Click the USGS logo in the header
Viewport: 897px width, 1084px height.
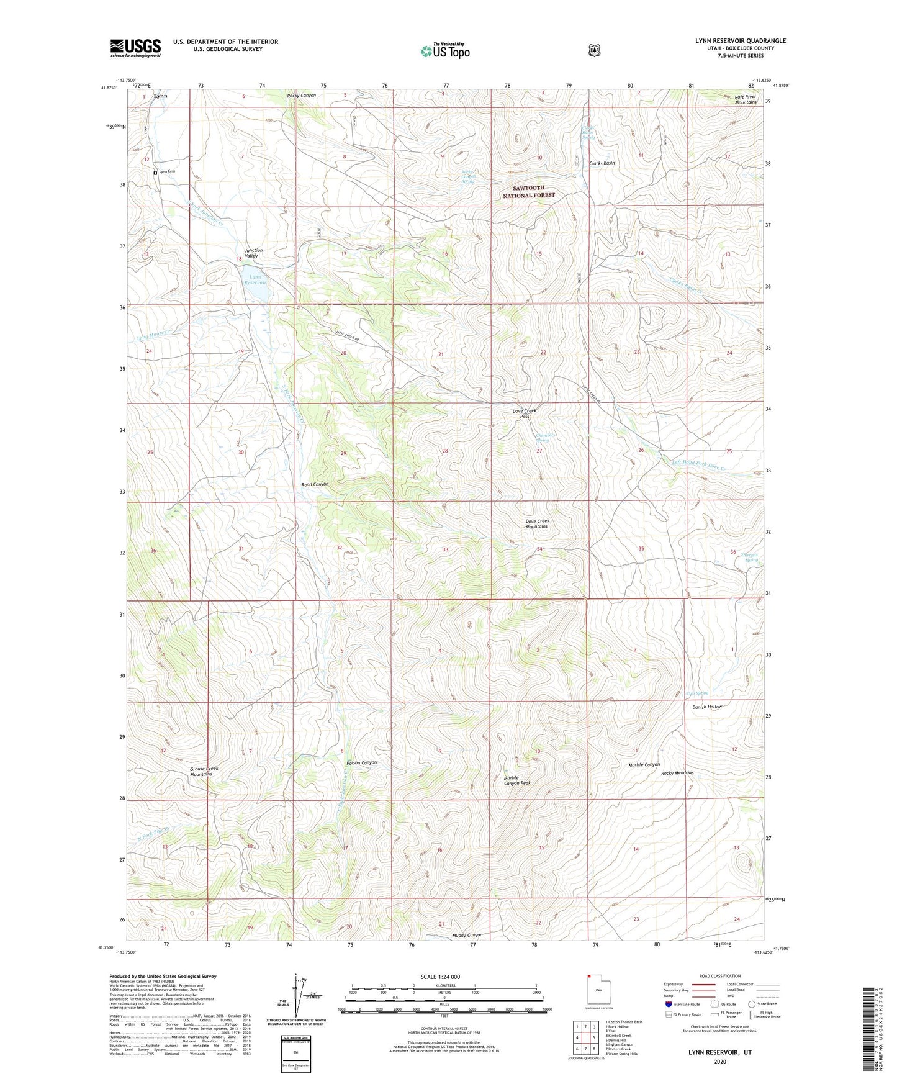(135, 47)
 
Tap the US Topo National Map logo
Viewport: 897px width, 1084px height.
(444, 50)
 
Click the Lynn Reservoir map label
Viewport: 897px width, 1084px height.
(255, 279)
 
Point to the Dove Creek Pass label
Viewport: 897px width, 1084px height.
(524, 413)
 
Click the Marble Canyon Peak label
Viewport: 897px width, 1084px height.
(516, 780)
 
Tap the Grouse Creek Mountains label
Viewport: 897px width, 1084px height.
(204, 771)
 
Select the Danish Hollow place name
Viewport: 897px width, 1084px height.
(707, 707)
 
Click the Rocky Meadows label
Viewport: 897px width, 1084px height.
(677, 773)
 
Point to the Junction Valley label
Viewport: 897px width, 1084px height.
(253, 253)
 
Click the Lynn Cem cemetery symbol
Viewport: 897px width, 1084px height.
(155, 173)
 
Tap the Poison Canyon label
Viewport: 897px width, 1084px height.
(361, 762)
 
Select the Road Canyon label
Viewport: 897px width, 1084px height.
(315, 484)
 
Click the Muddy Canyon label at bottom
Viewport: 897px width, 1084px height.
(467, 935)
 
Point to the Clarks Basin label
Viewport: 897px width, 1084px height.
(602, 163)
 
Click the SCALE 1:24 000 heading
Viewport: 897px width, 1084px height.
(440, 977)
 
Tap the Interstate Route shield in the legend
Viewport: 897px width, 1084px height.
(668, 1003)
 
